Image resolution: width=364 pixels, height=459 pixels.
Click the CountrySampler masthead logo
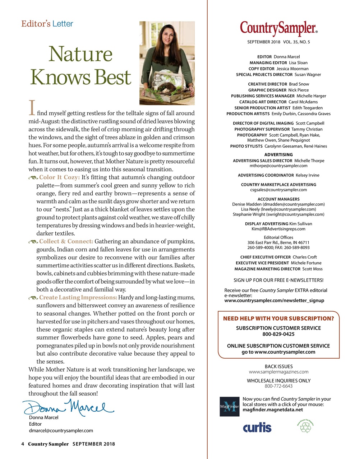[x=278, y=29]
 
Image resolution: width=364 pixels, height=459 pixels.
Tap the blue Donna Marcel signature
[x=68, y=407]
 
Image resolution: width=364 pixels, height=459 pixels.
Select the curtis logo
[x=257, y=427]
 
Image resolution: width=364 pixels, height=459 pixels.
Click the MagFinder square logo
[x=229, y=407]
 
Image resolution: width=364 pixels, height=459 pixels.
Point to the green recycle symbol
[x=305, y=426]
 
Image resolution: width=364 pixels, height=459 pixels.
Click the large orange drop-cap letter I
[x=32, y=108]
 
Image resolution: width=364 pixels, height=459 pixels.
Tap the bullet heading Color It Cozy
[x=59, y=178]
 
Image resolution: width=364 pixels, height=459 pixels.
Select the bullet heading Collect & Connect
[x=66, y=241]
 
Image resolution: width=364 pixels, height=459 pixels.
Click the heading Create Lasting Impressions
[x=78, y=298]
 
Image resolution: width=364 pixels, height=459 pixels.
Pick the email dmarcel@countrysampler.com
[x=61, y=431]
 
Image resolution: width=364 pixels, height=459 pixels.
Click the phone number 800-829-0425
[x=278, y=334]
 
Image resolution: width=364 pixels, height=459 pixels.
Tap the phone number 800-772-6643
[x=278, y=386]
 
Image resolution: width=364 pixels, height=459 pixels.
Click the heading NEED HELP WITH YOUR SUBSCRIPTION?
[x=278, y=318]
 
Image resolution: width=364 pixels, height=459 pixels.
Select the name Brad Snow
[x=299, y=84]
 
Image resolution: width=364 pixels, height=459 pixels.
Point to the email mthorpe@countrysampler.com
[x=278, y=166]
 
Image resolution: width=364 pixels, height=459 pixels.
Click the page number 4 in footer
[x=23, y=444]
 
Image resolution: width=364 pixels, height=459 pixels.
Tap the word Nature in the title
[x=80, y=54]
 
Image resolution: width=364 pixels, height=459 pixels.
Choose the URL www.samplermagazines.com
[x=278, y=372]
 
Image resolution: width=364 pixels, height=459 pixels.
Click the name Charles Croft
[x=305, y=257]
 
